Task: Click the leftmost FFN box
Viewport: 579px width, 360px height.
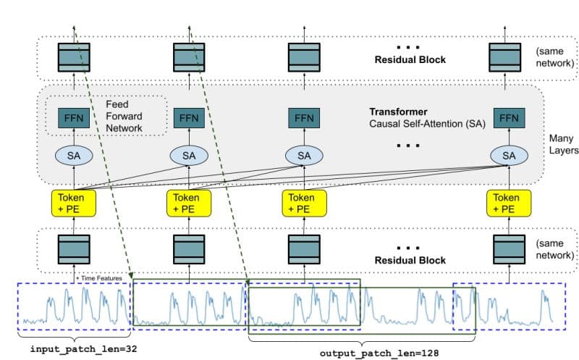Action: click(74, 118)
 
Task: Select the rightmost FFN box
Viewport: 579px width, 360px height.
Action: click(510, 118)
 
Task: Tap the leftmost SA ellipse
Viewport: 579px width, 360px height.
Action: click(74, 156)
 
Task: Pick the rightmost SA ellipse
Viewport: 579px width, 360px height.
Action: click(510, 156)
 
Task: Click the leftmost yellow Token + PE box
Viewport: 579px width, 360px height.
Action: click(74, 204)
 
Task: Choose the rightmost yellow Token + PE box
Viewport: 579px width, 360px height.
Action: click(510, 204)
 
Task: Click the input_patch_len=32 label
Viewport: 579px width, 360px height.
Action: click(83, 349)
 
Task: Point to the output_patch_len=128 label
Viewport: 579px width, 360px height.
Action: click(379, 353)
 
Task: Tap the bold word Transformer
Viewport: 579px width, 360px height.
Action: click(399, 112)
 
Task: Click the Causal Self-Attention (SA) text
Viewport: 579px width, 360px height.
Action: click(427, 124)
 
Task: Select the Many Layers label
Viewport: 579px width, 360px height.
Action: click(564, 144)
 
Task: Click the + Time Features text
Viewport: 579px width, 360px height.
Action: click(99, 278)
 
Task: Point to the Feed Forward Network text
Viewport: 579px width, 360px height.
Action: click(124, 116)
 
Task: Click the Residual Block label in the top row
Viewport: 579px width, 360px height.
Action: click(410, 60)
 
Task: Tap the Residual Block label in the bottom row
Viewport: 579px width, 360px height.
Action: click(410, 261)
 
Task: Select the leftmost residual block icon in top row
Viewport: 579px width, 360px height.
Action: click(74, 57)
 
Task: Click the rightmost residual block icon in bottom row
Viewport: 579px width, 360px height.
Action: click(510, 249)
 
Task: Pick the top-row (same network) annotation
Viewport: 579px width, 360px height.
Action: click(555, 57)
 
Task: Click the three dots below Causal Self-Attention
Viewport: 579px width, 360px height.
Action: click(408, 146)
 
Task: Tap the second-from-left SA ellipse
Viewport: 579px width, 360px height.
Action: click(189, 156)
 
